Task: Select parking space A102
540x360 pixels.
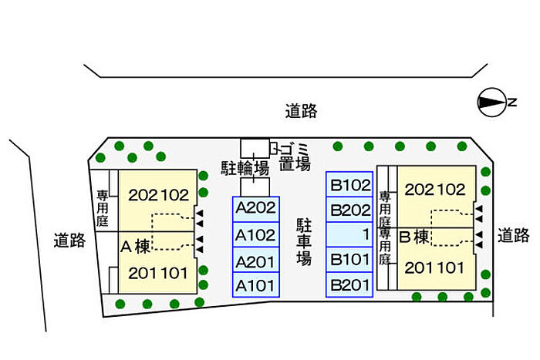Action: tap(256, 235)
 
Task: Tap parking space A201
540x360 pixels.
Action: tap(256, 261)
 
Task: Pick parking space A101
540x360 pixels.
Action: tap(256, 286)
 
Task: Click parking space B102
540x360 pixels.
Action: tap(350, 185)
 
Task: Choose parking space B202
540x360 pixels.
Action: tap(350, 210)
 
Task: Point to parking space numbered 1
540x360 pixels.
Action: tap(350, 234)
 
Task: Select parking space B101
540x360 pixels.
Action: tap(350, 259)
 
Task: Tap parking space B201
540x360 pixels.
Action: tap(350, 285)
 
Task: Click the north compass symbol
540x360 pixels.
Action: tap(491, 102)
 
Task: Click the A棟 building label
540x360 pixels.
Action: tap(136, 247)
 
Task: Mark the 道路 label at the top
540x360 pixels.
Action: tap(301, 112)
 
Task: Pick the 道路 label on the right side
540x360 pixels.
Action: tap(513, 236)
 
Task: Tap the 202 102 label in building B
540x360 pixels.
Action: tap(435, 190)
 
